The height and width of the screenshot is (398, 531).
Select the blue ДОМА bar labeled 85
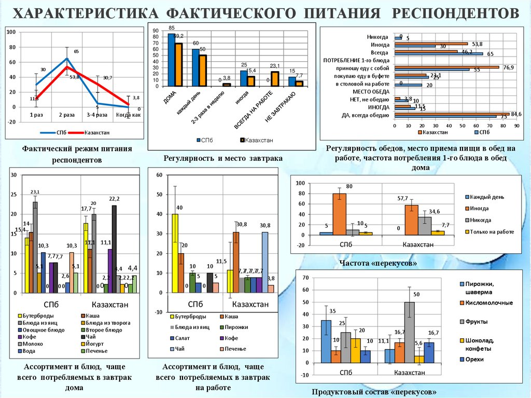pos(172,59)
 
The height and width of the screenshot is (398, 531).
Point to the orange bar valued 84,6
pos(452,113)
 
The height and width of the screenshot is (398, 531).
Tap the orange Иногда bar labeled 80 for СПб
pos(340,214)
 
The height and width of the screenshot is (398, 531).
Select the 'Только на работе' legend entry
pos(492,231)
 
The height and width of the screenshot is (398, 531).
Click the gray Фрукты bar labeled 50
pos(410,332)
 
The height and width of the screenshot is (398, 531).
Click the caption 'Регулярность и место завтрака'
pos(223,158)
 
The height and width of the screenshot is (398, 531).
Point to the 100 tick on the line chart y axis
pos(11,32)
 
